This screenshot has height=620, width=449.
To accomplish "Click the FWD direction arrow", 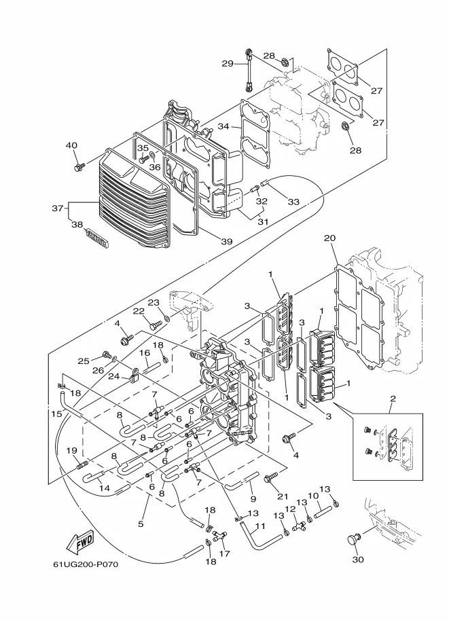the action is [x=81, y=541].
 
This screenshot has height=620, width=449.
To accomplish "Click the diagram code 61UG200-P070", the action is [x=86, y=564].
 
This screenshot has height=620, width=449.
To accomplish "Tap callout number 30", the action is [x=357, y=560].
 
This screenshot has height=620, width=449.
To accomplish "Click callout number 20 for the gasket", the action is [x=329, y=238].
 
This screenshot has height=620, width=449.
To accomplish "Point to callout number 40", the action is [x=71, y=145].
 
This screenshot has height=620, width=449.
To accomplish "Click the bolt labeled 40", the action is [x=79, y=166].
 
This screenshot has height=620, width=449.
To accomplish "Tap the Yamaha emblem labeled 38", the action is [x=96, y=239].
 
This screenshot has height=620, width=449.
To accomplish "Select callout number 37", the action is [x=58, y=208].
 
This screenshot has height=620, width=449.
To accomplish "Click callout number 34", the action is [x=224, y=126].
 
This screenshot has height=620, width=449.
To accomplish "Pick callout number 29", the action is [x=228, y=63].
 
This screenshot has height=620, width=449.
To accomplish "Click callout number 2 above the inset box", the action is [x=393, y=398].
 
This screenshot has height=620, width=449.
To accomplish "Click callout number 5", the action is [x=141, y=524].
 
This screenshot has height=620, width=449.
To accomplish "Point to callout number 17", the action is [x=224, y=553].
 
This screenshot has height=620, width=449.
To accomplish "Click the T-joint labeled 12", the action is [x=299, y=526].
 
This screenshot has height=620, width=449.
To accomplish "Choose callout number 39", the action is [x=227, y=241].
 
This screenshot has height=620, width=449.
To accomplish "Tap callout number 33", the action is [x=293, y=202].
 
